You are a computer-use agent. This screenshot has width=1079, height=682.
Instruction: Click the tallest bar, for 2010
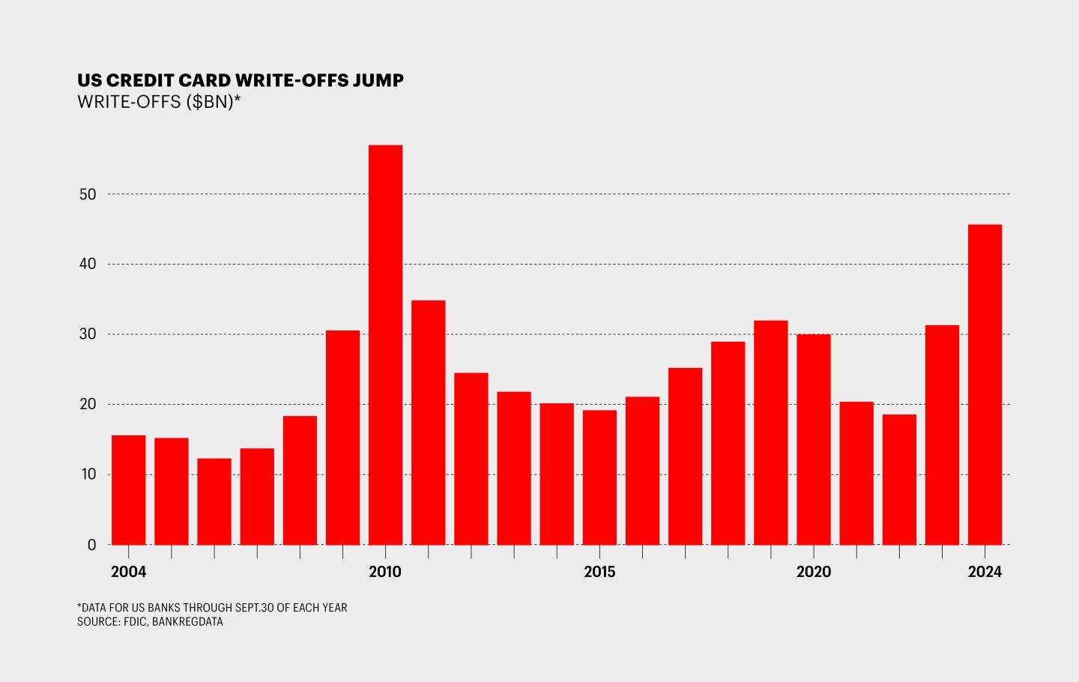tap(385, 345)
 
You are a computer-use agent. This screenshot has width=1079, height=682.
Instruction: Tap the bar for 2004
tap(128, 490)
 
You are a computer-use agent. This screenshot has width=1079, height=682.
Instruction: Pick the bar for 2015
tap(599, 477)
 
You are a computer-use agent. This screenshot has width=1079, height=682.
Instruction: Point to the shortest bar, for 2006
tap(214, 501)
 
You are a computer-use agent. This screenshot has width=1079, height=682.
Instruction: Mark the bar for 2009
tap(342, 438)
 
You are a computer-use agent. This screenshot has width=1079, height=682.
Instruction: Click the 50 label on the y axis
tap(88, 195)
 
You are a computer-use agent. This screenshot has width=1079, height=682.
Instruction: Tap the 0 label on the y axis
tap(91, 546)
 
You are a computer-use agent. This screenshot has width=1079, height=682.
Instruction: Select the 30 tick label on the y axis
tap(88, 334)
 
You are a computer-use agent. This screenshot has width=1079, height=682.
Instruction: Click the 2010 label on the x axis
tap(385, 572)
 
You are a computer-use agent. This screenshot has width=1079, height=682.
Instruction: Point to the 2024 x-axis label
tap(985, 572)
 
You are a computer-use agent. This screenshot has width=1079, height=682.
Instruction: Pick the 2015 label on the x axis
tap(599, 572)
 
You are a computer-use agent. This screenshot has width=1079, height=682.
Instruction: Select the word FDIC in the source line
tap(135, 622)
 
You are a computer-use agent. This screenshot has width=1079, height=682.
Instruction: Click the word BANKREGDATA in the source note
tap(187, 622)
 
